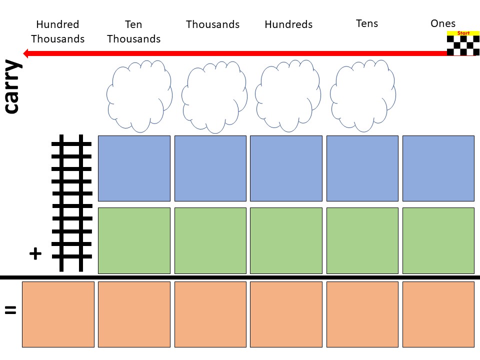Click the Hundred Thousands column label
tap(58, 31)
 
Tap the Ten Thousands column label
tap(134, 31)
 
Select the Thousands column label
tap(212, 24)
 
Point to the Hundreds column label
tap(288, 24)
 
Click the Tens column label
tap(367, 23)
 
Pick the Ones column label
tap(443, 23)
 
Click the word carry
tap(12, 87)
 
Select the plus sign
tap(35, 254)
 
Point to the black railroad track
tap(71, 202)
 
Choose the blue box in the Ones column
tap(438, 168)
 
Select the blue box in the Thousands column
tap(210, 168)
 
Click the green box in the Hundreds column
tap(286, 240)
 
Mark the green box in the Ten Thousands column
tap(134, 240)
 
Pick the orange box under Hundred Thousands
tap(58, 314)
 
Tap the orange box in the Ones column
tap(438, 314)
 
